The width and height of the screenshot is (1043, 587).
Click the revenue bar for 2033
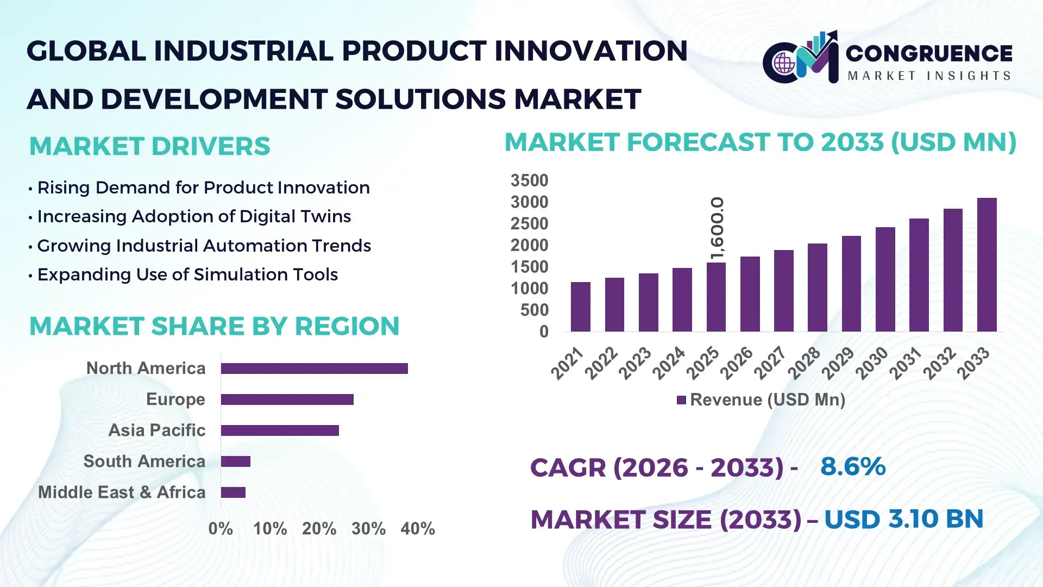click(x=987, y=265)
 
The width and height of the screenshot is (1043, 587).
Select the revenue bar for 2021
click(x=580, y=307)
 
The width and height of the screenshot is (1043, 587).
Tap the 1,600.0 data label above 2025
click(x=717, y=228)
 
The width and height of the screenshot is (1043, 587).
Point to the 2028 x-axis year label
click(x=804, y=363)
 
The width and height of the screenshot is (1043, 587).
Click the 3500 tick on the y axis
click(x=529, y=180)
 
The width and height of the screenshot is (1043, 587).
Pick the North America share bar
click(x=314, y=369)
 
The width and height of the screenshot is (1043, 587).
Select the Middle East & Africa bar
click(x=233, y=492)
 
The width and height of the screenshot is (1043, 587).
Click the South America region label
click(x=144, y=461)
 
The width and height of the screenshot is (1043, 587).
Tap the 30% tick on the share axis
click(x=368, y=528)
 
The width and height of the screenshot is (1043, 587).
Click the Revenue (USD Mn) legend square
click(x=681, y=400)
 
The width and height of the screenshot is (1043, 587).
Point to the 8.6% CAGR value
click(x=852, y=467)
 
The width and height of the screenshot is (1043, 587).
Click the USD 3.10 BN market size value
click(x=903, y=519)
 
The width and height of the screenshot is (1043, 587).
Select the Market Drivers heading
click(x=149, y=146)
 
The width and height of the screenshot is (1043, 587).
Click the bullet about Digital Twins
click(x=194, y=216)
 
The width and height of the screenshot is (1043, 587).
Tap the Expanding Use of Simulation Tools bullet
click(x=187, y=274)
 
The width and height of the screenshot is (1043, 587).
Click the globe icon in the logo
click(x=783, y=64)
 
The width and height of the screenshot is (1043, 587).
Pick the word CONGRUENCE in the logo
click(x=928, y=53)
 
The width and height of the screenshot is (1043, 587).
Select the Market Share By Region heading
click(x=214, y=326)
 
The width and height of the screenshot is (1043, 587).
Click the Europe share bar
click(x=287, y=399)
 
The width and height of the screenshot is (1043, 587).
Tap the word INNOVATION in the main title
click(x=590, y=51)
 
